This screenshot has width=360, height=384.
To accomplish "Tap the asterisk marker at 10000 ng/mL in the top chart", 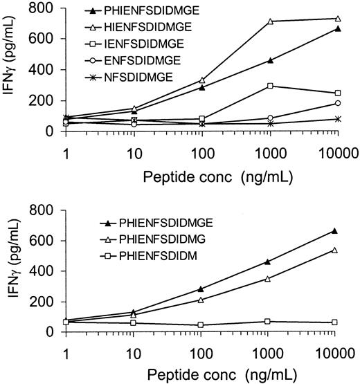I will (337, 119).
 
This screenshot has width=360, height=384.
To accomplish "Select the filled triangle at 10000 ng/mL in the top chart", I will (337, 28).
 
